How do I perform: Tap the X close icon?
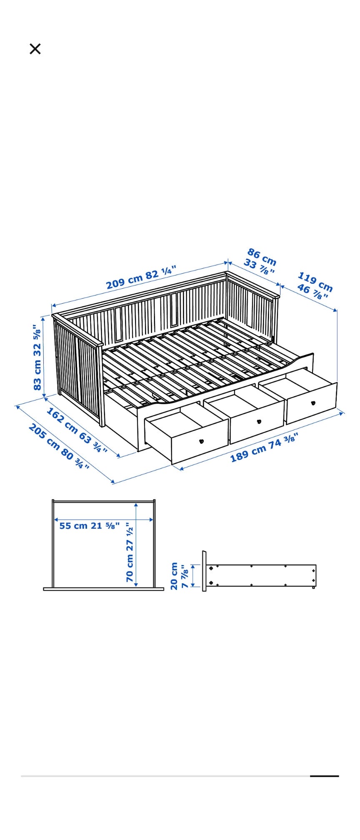[35, 49]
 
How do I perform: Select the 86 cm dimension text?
[262, 257]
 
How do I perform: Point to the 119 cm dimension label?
[315, 282]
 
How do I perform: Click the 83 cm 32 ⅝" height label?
[37, 357]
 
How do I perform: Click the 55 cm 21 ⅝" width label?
[90, 525]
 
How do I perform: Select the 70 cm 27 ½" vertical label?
[130, 552]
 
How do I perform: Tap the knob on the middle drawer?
[259, 422]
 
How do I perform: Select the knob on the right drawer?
[313, 403]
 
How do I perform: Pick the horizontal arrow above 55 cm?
[104, 520]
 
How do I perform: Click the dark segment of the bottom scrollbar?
[324, 776]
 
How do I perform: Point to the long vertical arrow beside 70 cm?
[136, 545]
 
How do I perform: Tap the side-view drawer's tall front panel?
[204, 571]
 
